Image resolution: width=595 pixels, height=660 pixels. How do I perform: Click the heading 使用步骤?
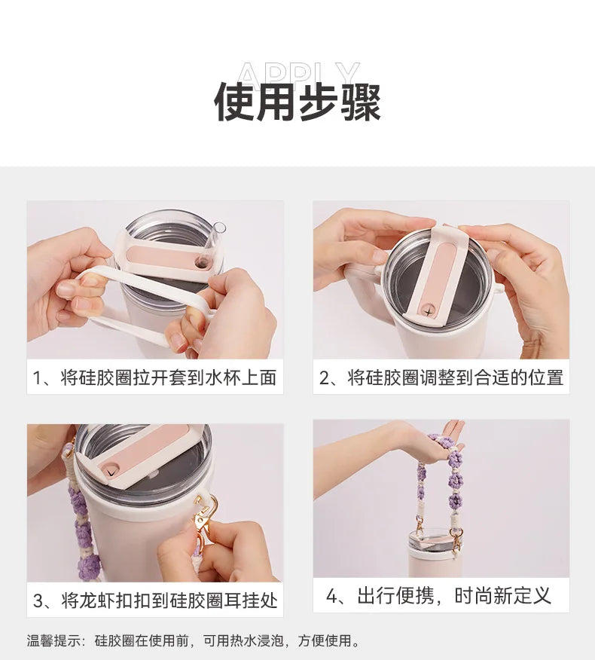click(x=297, y=102)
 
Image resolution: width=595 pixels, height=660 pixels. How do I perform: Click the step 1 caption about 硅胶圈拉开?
click(x=155, y=377)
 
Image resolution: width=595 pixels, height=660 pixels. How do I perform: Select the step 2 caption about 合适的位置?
click(x=441, y=377)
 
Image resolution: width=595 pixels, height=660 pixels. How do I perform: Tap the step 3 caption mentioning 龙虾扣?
click(x=155, y=600)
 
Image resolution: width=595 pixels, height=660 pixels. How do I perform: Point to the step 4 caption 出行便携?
click(x=395, y=597)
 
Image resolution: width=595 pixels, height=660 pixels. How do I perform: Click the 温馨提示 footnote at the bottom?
click(x=194, y=641)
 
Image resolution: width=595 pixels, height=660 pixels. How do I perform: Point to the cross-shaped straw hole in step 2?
click(x=429, y=310)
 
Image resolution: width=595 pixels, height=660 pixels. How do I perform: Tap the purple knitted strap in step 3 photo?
click(x=82, y=527)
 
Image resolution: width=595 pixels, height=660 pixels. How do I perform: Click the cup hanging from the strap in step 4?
click(x=435, y=554)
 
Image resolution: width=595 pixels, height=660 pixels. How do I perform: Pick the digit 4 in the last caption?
click(x=333, y=597)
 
